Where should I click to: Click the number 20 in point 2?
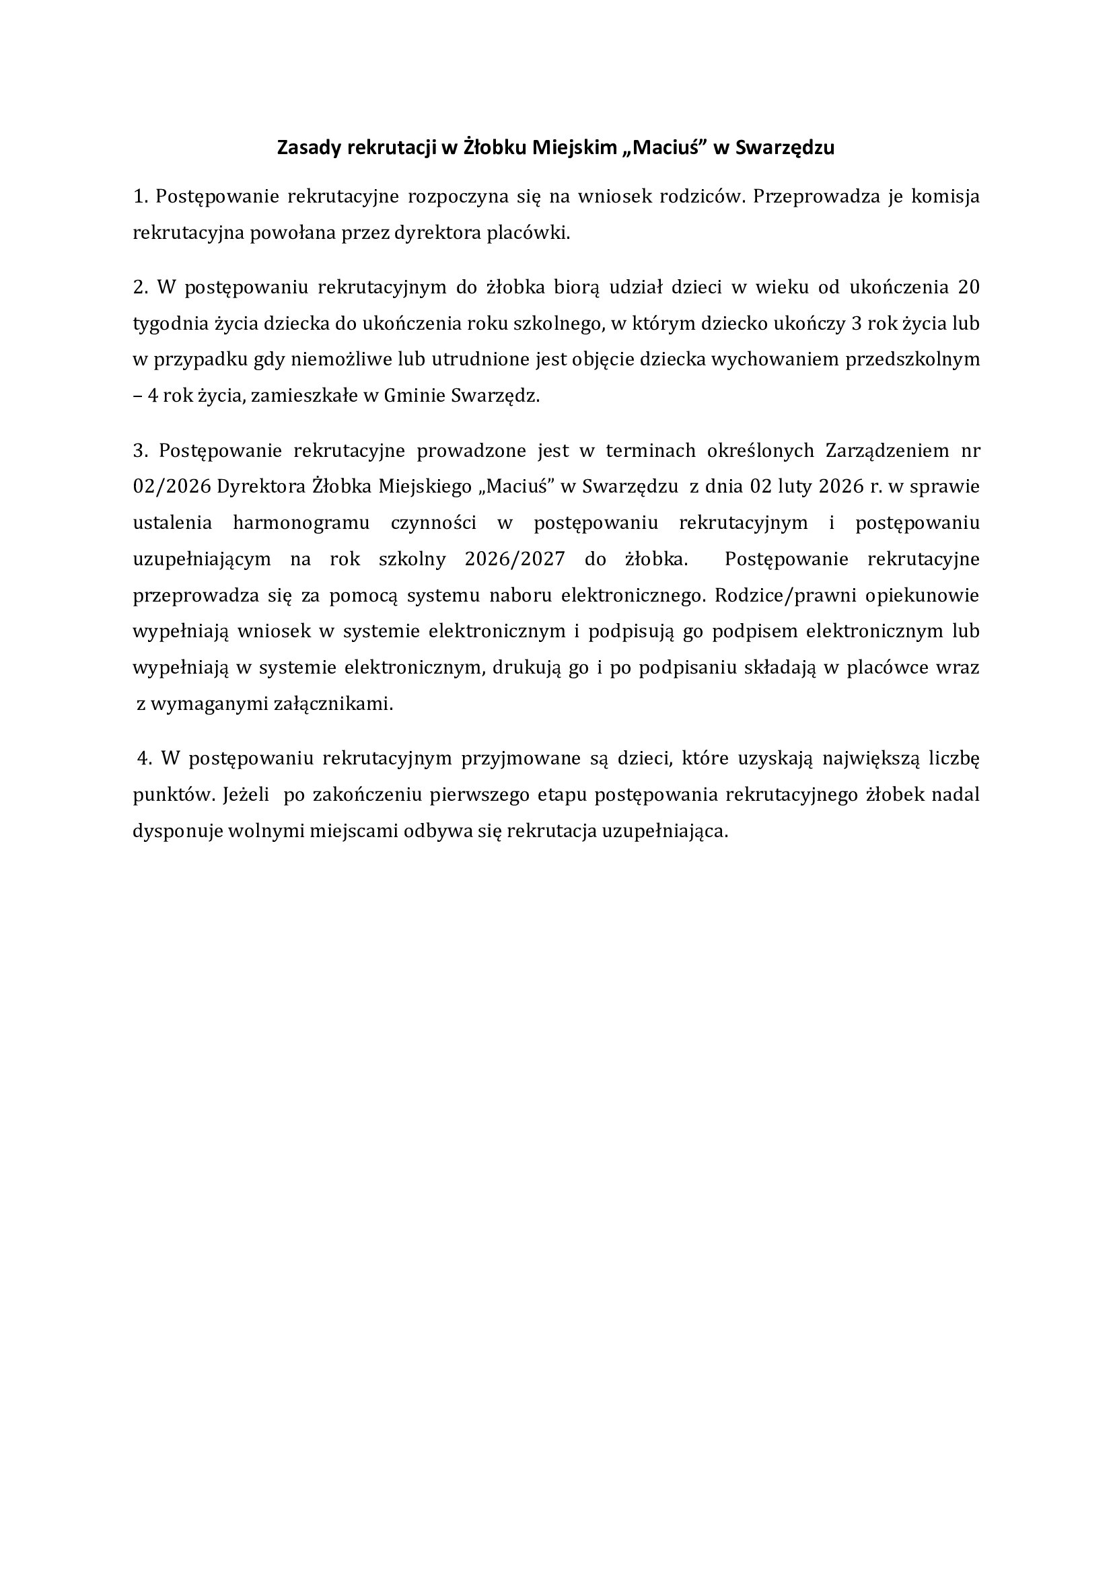[x=968, y=287]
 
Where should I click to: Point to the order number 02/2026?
[x=172, y=486]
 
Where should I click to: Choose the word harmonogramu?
[x=301, y=522]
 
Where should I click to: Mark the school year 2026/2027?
[x=515, y=559]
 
